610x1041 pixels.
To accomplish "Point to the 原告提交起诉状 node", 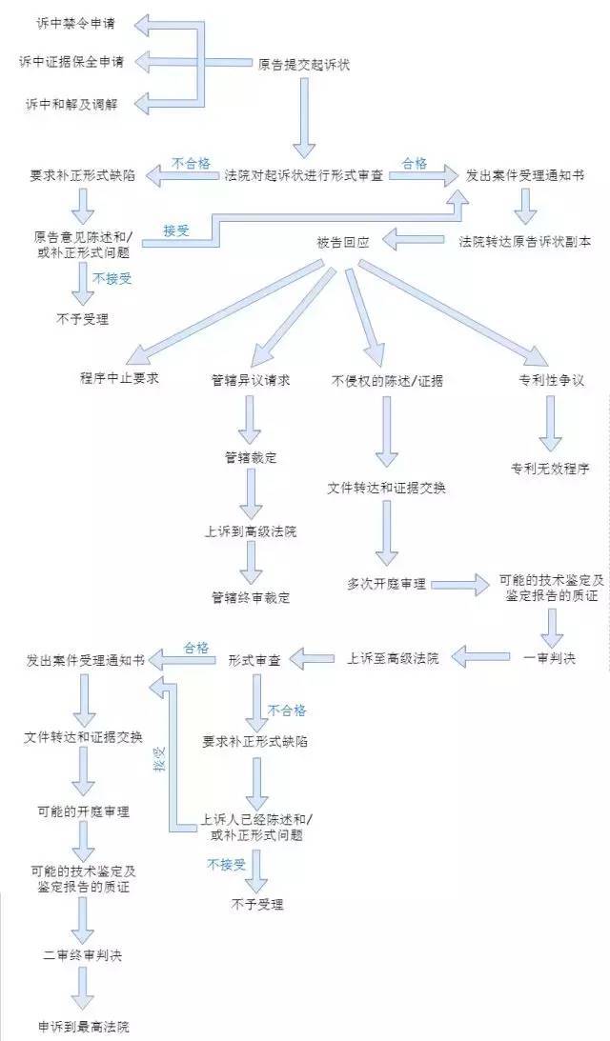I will click(304, 65).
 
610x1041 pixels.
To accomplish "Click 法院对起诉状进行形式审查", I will click(304, 176).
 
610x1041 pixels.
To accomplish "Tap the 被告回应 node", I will click(343, 242).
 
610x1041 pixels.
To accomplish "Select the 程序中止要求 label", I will click(119, 378).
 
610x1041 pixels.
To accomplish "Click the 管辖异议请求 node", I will click(251, 380).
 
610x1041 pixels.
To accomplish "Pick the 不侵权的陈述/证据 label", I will click(387, 380).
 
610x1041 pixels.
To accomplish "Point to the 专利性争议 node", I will click(551, 380).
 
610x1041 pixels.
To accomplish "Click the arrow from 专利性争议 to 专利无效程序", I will click(551, 423).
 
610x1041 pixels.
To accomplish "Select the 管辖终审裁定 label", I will click(251, 598).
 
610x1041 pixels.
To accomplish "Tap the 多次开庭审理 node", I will click(387, 584).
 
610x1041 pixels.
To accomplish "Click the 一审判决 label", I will click(550, 658).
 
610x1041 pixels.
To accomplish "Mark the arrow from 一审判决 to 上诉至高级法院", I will click(486, 655).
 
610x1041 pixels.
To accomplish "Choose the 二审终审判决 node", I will click(83, 955).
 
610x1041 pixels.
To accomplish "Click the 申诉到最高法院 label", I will click(83, 1028).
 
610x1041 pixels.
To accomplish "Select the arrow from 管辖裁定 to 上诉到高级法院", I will click(251, 494).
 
